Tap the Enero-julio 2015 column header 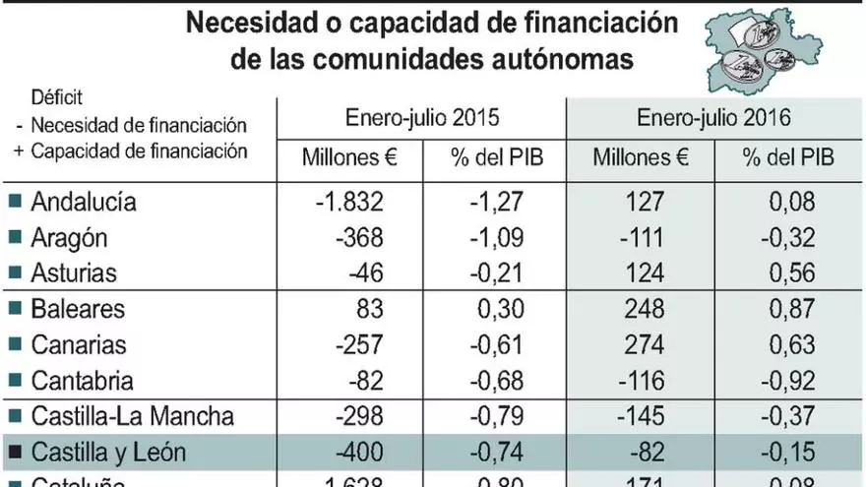click(x=421, y=118)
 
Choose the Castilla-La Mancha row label click(x=132, y=416)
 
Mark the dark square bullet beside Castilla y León click(x=14, y=453)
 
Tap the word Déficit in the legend click(x=56, y=98)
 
